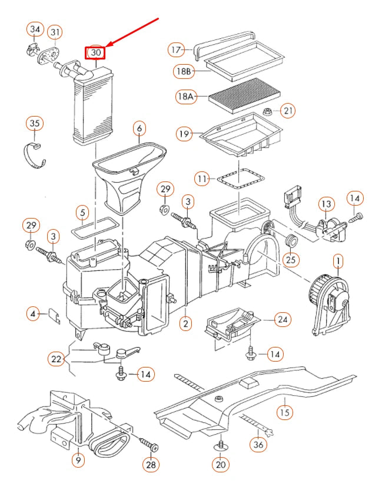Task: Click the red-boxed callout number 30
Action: pyautogui.click(x=96, y=53)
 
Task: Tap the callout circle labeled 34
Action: pyautogui.click(x=35, y=29)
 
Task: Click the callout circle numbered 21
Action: pyautogui.click(x=288, y=110)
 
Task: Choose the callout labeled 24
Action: pyautogui.click(x=284, y=320)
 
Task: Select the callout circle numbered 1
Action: pyautogui.click(x=338, y=260)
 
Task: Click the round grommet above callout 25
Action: pyautogui.click(x=289, y=241)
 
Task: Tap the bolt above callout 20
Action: pyautogui.click(x=221, y=444)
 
